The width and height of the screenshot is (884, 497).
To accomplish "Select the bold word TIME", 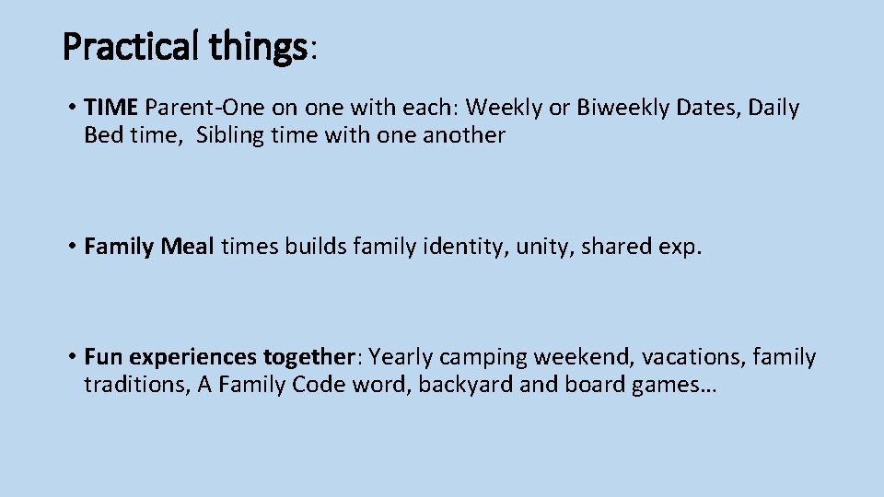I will pos(110,108).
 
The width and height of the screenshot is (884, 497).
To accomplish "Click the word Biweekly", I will pos(623,108).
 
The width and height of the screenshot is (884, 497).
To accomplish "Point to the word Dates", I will pos(707,108).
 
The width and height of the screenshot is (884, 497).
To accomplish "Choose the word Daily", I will pos(774,108).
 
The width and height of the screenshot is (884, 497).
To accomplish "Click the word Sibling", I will pos(233,136).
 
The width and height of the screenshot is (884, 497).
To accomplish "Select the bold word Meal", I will pos(188,247).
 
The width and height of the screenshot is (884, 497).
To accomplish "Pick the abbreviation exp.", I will pos(680,247).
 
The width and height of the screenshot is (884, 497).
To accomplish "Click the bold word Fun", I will pos(104,356).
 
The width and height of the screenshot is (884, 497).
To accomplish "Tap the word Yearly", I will pos(402,357).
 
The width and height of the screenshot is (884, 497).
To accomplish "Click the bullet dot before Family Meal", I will pos(71,247).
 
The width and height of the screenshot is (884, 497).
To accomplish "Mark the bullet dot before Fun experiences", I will pos(71,357).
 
